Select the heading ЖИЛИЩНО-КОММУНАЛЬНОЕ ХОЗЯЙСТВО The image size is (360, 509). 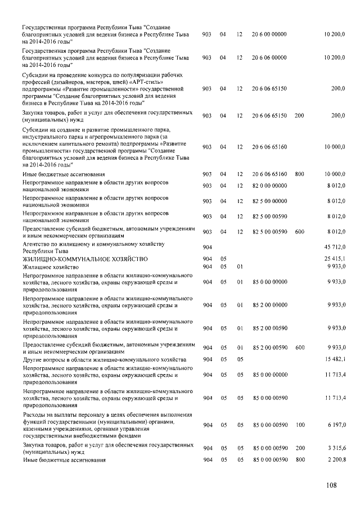84,259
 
